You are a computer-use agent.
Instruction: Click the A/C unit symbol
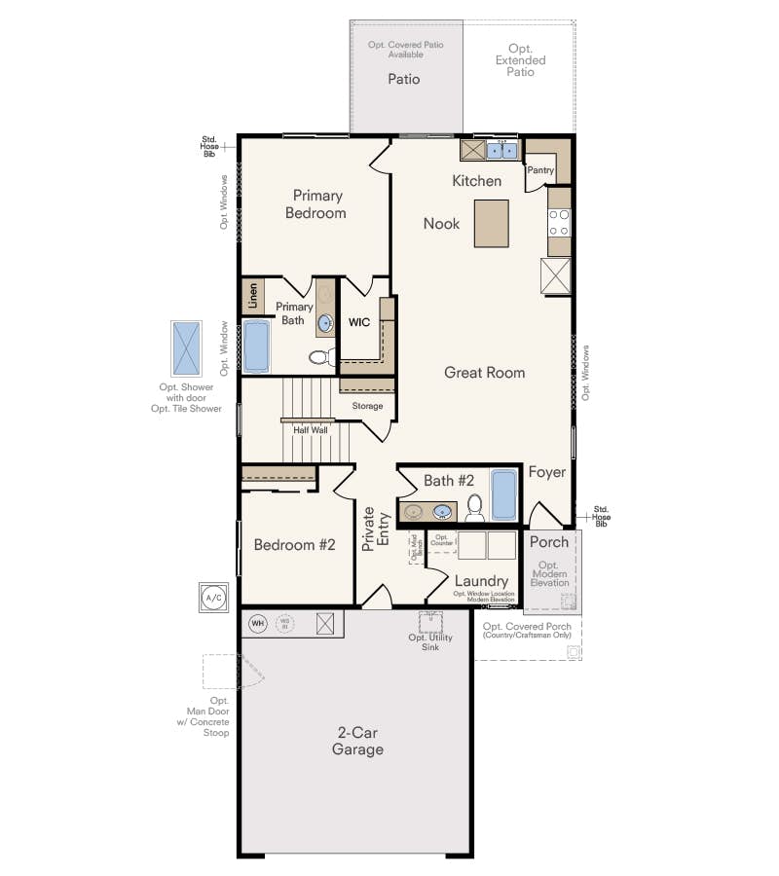click(x=212, y=597)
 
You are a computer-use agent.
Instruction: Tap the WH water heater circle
click(x=257, y=623)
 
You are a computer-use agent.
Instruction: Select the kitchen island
click(x=492, y=223)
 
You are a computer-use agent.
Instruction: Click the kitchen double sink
click(x=502, y=150)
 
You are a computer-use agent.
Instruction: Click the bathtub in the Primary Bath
click(x=256, y=347)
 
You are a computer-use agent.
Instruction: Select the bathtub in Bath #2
click(x=503, y=496)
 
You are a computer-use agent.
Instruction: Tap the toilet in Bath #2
click(x=474, y=507)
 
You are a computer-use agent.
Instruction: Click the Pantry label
click(x=540, y=170)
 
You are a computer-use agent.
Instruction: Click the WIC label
click(x=360, y=321)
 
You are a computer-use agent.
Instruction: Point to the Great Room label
click(x=484, y=372)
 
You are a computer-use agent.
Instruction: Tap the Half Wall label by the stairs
click(x=311, y=429)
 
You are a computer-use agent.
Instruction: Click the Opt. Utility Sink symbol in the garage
click(x=430, y=622)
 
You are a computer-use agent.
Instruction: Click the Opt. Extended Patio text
click(x=520, y=60)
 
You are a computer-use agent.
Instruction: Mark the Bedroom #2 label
click(x=294, y=545)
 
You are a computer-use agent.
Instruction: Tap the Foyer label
click(x=546, y=472)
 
